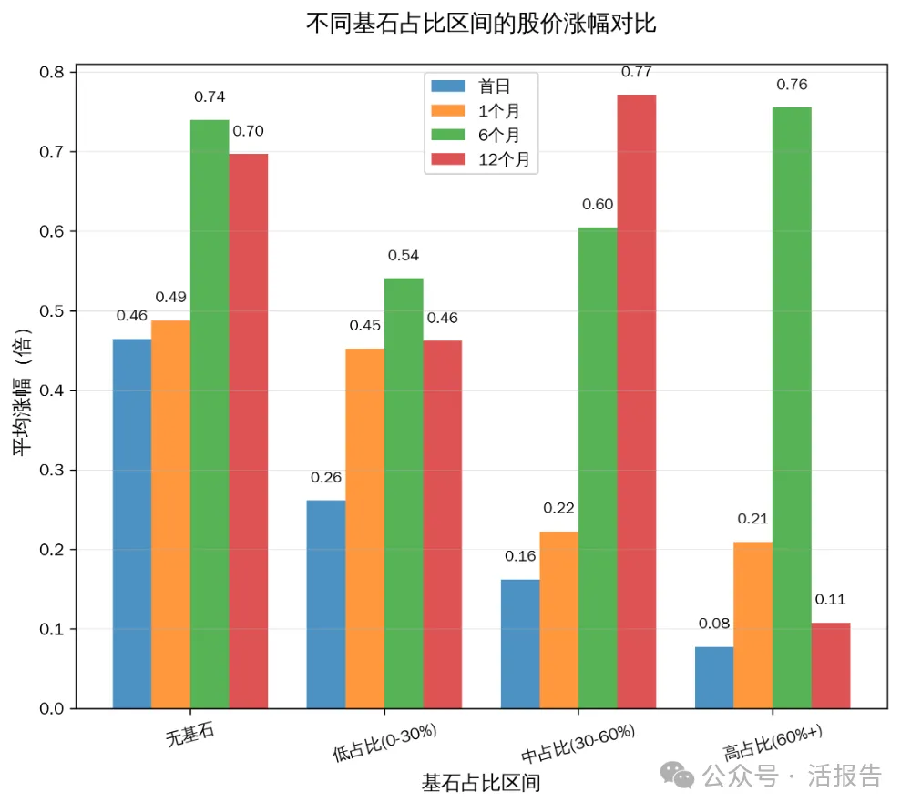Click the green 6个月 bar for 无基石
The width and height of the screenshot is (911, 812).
(210, 414)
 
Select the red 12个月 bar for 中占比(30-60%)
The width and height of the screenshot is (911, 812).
(637, 401)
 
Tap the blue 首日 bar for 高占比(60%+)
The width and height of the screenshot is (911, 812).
(714, 677)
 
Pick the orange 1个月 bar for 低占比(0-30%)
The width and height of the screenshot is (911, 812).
(364, 528)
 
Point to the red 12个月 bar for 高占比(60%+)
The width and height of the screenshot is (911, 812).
(831, 665)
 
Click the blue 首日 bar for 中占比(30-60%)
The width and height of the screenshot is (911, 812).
(520, 644)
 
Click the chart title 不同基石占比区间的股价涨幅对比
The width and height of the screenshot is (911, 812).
(481, 24)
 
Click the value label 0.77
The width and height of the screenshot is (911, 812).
(636, 72)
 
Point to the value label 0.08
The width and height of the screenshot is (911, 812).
(713, 624)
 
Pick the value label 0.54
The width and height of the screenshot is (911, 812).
(404, 256)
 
